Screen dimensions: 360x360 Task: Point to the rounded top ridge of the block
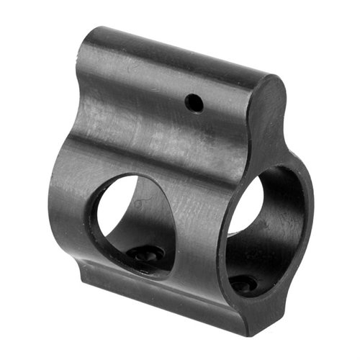point(180,54)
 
